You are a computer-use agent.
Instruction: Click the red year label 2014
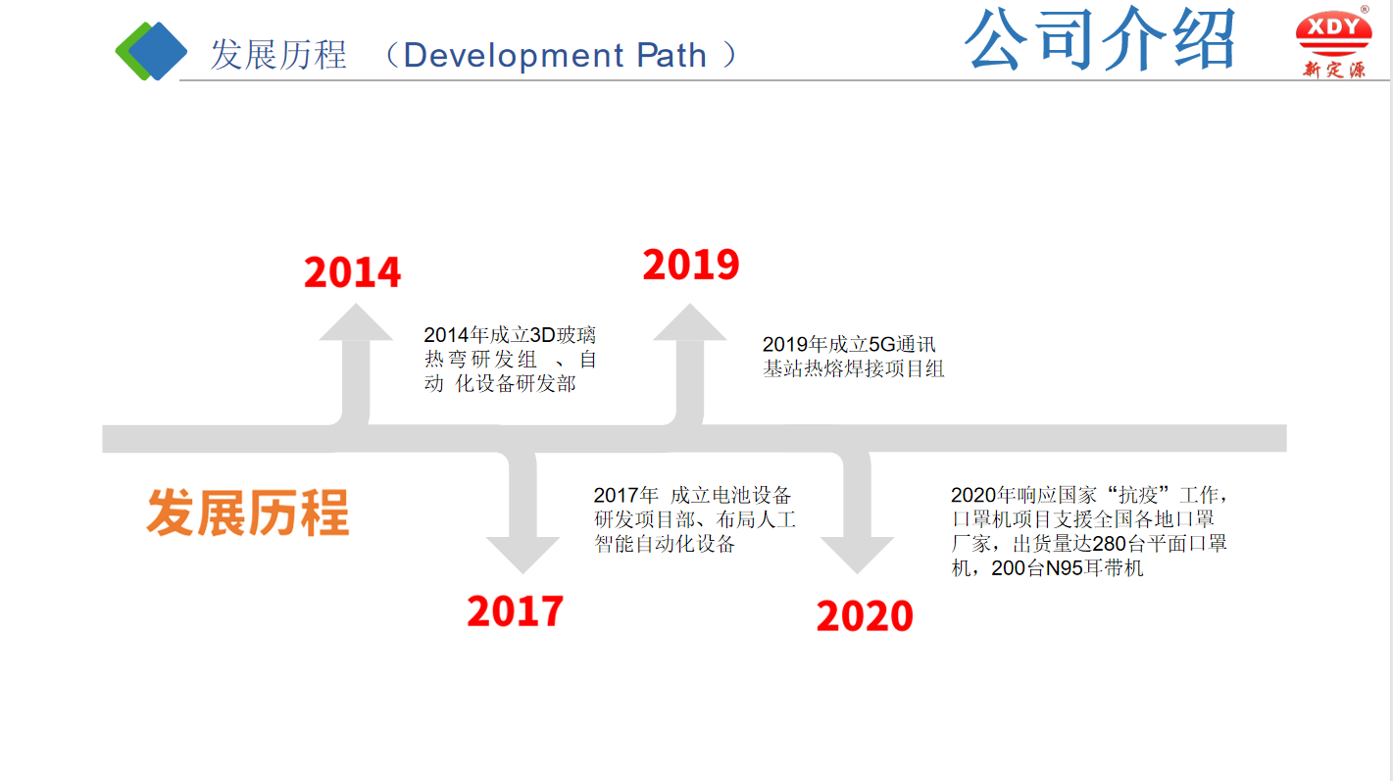(x=353, y=272)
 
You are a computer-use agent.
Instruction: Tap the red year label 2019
(x=691, y=265)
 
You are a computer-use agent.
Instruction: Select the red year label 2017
(x=516, y=611)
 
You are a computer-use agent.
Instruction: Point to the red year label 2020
(x=865, y=616)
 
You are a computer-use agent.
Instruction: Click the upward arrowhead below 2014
(x=356, y=324)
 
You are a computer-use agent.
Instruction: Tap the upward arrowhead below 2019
(x=690, y=324)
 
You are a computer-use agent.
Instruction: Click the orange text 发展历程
(x=248, y=513)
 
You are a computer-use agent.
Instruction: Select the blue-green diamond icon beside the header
(x=151, y=51)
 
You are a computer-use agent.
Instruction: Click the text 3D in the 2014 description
(x=542, y=335)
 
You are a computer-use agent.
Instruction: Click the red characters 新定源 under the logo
(x=1334, y=70)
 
